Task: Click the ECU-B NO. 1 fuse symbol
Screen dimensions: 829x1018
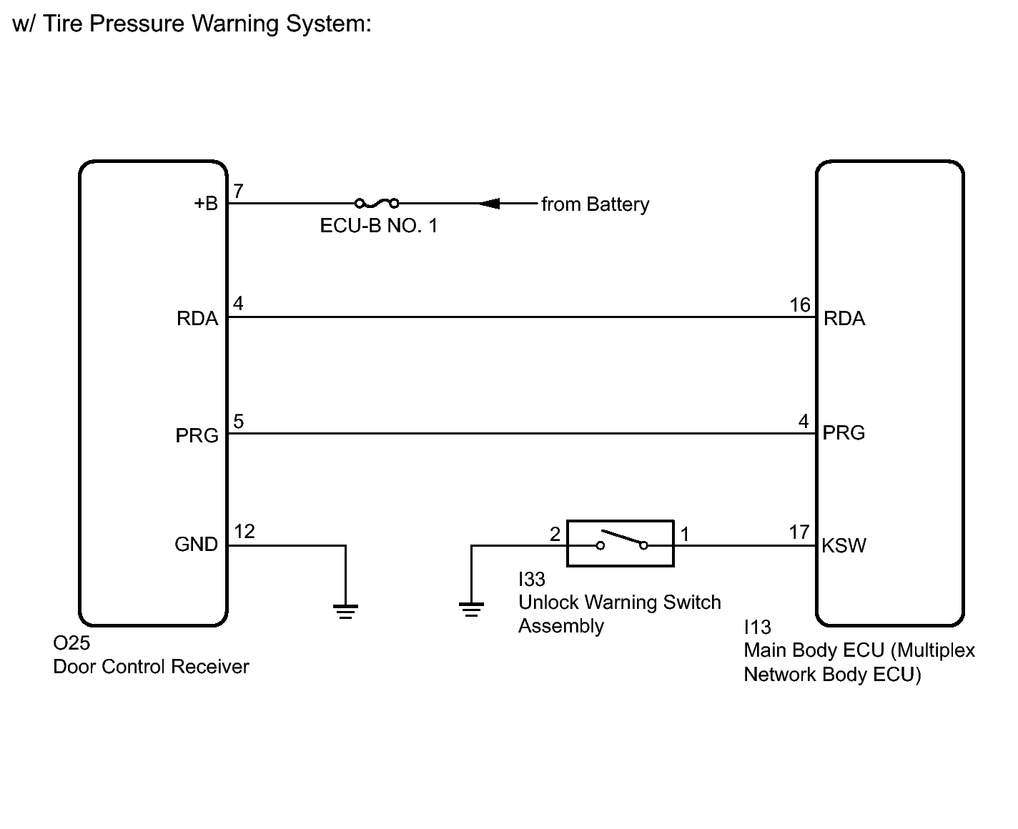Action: click(377, 203)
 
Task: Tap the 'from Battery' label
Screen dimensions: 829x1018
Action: click(595, 204)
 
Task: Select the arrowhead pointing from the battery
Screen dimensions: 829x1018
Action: click(490, 204)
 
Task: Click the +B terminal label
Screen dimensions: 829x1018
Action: click(206, 204)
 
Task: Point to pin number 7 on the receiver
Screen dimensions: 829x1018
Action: click(239, 191)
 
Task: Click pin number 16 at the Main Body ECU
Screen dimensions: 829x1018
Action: click(799, 305)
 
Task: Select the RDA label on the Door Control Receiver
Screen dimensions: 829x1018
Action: click(197, 319)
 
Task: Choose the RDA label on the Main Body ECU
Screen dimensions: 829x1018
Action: click(844, 319)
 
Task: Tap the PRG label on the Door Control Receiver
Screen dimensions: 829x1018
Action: click(197, 435)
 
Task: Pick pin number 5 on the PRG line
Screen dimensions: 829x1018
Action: click(239, 422)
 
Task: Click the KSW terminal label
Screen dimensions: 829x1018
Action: click(844, 546)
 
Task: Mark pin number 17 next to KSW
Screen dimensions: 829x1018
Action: click(799, 532)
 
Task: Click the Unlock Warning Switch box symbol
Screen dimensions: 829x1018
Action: click(620, 544)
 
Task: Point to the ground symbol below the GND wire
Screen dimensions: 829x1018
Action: click(345, 611)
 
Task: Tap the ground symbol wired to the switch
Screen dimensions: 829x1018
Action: click(471, 610)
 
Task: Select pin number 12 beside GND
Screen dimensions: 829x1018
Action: click(244, 532)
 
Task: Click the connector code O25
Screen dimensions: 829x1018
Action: click(71, 643)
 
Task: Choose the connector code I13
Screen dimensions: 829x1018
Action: click(757, 627)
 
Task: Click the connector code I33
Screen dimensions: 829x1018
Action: click(532, 579)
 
